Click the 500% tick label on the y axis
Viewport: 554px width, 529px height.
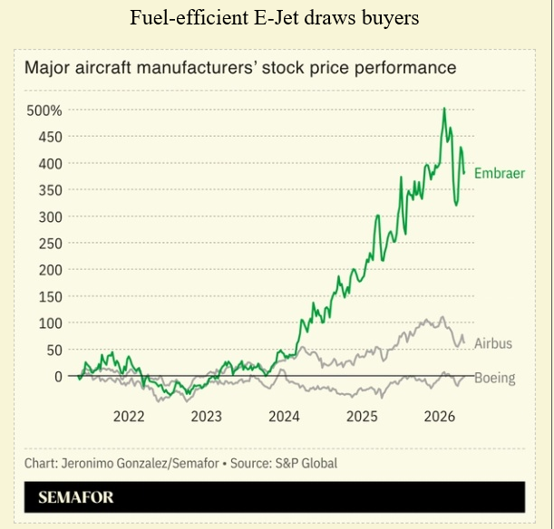coord(44,111)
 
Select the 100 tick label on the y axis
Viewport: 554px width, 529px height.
coord(49,323)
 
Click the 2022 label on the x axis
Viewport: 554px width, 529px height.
coord(129,417)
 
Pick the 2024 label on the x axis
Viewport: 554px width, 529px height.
coord(285,417)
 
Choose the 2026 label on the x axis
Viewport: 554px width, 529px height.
coord(441,417)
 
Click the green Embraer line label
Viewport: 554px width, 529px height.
coord(500,172)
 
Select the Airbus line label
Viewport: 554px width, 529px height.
coord(493,343)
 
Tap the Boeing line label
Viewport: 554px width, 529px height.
coord(495,379)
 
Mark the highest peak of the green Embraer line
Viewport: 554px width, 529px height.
coord(444,110)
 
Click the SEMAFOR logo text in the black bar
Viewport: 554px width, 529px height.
coord(76,497)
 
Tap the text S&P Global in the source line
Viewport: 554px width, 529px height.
coord(306,464)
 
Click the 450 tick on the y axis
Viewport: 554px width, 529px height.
coord(49,137)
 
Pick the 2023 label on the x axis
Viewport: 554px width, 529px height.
coord(207,417)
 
